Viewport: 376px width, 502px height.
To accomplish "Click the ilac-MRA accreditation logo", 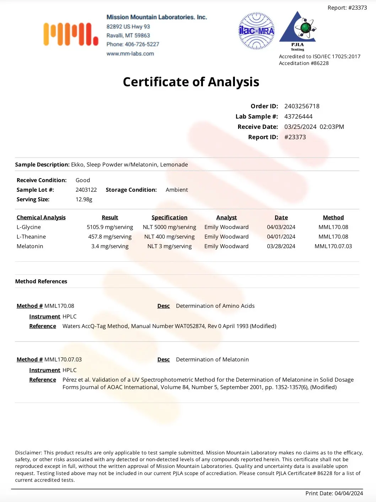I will [x=256, y=31].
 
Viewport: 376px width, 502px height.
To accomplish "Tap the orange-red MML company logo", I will [x=71, y=34].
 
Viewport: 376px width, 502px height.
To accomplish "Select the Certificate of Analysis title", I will [x=191, y=82].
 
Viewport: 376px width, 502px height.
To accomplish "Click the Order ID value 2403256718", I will [x=302, y=106].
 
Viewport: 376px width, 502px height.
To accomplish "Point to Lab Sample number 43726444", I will [x=298, y=116].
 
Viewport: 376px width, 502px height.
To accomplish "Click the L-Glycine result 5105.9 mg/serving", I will [x=110, y=227].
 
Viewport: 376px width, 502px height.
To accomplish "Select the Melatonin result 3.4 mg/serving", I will [x=110, y=246].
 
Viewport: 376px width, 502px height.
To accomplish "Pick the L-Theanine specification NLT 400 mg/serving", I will [x=169, y=237].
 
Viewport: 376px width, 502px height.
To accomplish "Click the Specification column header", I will [x=169, y=218].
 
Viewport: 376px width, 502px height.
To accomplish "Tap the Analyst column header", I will [x=226, y=218].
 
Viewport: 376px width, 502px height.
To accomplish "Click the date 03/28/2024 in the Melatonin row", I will [x=281, y=246].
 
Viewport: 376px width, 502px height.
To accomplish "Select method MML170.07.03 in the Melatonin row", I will [x=333, y=246].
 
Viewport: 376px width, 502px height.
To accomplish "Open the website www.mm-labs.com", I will [x=130, y=54].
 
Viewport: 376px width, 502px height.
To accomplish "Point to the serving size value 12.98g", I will [x=84, y=200].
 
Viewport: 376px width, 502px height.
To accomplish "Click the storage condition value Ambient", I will [x=177, y=190].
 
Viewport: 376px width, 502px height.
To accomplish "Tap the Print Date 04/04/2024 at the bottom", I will [x=348, y=493].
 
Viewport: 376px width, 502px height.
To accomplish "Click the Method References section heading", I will [x=41, y=282].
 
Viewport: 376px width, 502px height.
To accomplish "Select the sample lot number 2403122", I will [x=86, y=190].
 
